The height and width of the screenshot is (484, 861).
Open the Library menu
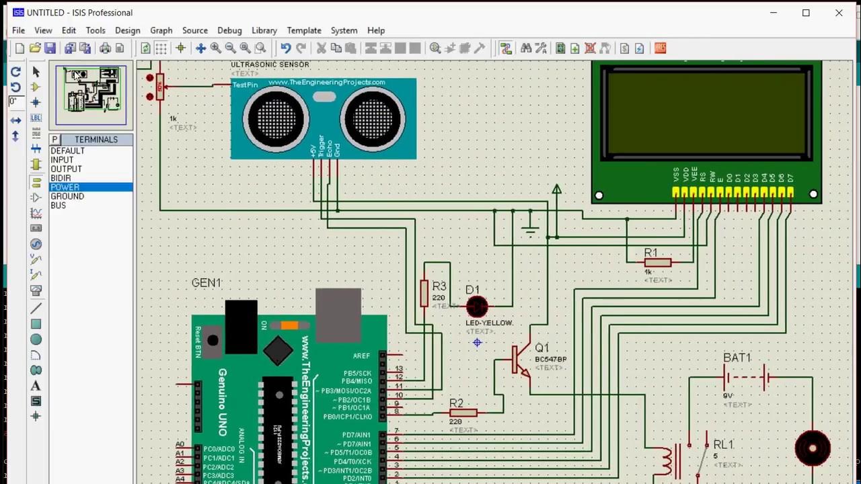pyautogui.click(x=264, y=30)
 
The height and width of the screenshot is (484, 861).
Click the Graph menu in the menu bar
pyautogui.click(x=161, y=30)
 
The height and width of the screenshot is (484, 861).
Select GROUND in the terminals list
pyautogui.click(x=67, y=196)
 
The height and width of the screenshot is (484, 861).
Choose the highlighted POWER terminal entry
pyautogui.click(x=65, y=187)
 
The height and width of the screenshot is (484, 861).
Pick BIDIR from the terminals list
pyautogui.click(x=61, y=178)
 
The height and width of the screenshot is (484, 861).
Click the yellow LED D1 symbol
pyautogui.click(x=477, y=307)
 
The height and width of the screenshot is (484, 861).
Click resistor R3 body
pyautogui.click(x=424, y=293)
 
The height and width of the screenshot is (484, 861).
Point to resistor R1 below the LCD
pyautogui.click(x=657, y=263)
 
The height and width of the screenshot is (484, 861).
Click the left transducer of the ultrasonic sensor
pyautogui.click(x=275, y=119)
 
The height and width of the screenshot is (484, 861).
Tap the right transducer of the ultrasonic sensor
pyautogui.click(x=373, y=119)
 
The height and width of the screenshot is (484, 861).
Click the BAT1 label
pyautogui.click(x=737, y=358)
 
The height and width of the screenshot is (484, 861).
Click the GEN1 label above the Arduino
pyautogui.click(x=206, y=283)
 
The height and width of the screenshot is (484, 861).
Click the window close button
pyautogui.click(x=839, y=13)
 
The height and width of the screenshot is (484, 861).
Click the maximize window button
pyautogui.click(x=806, y=13)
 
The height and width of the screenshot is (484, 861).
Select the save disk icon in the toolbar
pyautogui.click(x=50, y=48)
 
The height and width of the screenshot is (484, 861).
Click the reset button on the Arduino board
pyautogui.click(x=213, y=340)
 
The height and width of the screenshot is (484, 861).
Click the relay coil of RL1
pyautogui.click(x=665, y=461)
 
